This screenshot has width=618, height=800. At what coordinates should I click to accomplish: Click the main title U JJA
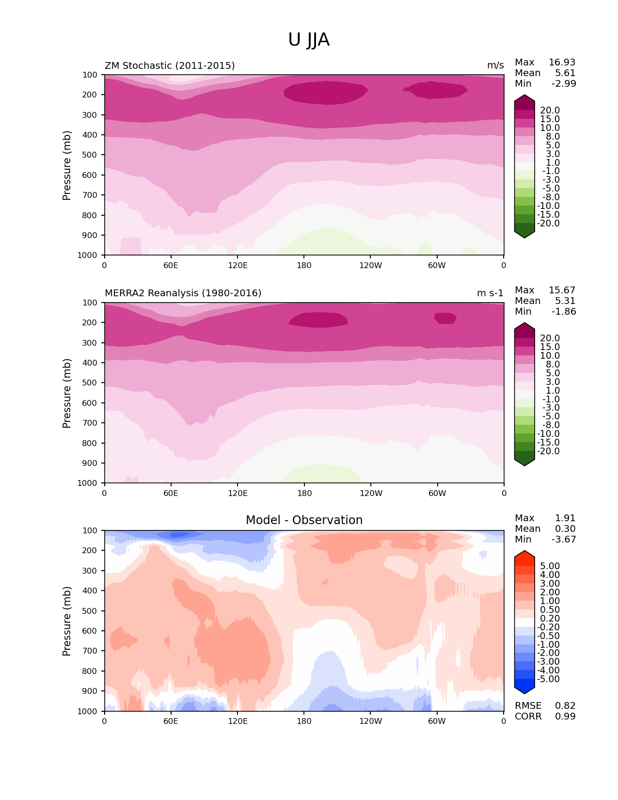(309, 40)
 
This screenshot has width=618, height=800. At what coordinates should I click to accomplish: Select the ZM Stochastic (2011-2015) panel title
(170, 65)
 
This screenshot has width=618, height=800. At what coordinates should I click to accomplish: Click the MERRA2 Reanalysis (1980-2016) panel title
(183, 293)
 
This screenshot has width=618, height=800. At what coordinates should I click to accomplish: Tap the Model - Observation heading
(304, 520)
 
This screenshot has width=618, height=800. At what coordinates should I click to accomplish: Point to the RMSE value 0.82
(565, 706)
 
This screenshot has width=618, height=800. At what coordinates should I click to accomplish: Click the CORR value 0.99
(565, 717)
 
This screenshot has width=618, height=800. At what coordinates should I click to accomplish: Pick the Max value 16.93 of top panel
(562, 63)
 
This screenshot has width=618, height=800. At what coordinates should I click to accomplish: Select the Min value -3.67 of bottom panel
(564, 540)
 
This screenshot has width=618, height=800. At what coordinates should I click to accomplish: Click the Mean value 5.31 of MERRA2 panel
(565, 301)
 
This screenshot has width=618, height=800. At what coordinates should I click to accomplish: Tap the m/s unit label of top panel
(495, 65)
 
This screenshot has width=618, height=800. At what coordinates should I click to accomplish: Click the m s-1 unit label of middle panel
(490, 293)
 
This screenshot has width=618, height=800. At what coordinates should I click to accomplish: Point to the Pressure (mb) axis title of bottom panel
(67, 621)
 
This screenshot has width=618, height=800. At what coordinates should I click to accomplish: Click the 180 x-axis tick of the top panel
(304, 266)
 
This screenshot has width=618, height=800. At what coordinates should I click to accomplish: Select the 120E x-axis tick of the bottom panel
(238, 721)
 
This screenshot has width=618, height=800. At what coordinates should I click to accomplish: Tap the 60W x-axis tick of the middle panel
(437, 494)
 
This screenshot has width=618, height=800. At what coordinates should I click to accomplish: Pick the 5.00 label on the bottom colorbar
(550, 566)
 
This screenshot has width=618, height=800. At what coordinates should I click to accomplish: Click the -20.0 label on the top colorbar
(548, 224)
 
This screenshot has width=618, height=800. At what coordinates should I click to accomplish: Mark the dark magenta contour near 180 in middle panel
(318, 320)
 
